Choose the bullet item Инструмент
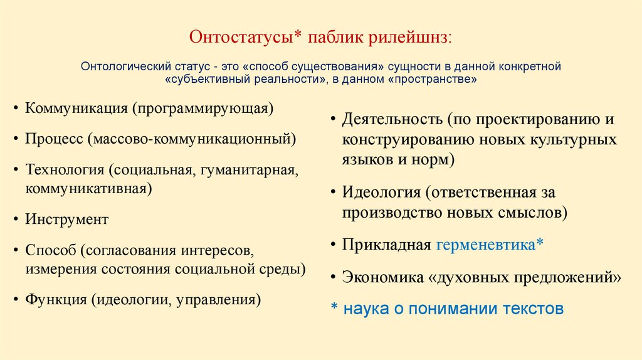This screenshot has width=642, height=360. pyautogui.click(x=66, y=220)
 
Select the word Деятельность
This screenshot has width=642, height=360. pyautogui.click(x=392, y=119)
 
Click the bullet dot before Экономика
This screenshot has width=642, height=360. pyautogui.click(x=333, y=277)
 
